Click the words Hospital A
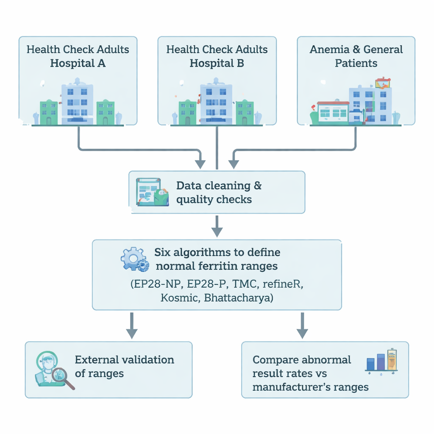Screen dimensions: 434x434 (x=78, y=64)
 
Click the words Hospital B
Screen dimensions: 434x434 (x=217, y=64)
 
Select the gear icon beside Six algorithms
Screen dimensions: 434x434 (x=134, y=259)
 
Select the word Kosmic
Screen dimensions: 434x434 (x=180, y=298)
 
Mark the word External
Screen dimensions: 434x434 (x=97, y=360)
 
